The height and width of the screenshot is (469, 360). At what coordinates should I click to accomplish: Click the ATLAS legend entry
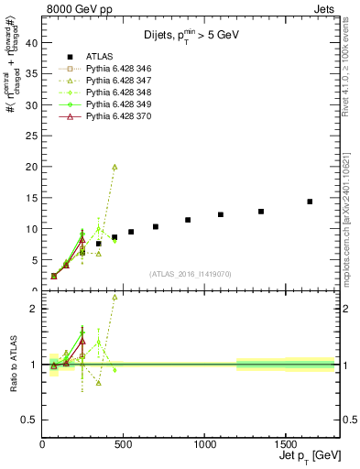coord(99,57)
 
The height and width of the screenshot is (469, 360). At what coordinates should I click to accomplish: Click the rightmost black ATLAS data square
coord(310,202)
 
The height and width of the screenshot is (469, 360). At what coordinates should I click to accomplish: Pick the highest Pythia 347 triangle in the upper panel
coord(115,167)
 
